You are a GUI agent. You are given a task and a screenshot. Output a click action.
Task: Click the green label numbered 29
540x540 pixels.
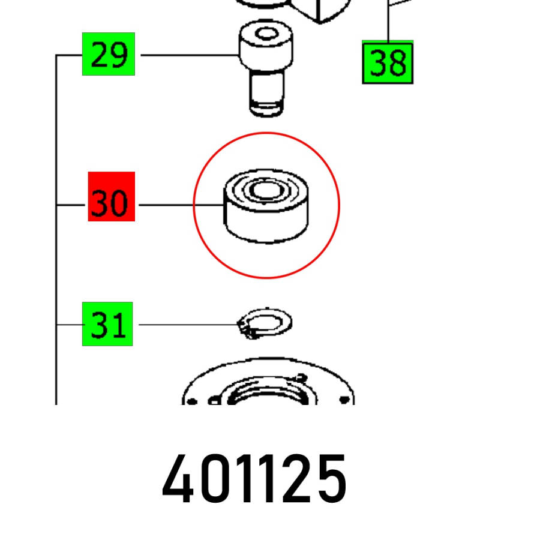click(x=109, y=54)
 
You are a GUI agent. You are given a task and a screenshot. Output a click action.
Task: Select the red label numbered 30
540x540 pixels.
click(x=112, y=197)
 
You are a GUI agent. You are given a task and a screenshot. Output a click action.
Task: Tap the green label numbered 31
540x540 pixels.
click(x=107, y=324)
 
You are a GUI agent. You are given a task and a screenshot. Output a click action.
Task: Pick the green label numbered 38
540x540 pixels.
click(x=388, y=62)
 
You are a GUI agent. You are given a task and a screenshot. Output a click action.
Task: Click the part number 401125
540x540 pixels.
click(x=254, y=479)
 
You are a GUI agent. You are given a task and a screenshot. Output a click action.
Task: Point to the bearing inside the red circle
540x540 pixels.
click(x=266, y=206)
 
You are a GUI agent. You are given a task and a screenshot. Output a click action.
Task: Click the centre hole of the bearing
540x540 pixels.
click(x=266, y=190)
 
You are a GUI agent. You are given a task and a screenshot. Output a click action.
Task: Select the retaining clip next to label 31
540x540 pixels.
click(x=265, y=323)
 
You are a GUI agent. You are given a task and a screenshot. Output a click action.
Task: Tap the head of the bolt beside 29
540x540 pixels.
click(x=266, y=45)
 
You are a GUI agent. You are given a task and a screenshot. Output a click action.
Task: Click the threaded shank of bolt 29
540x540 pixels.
click(x=266, y=93)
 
